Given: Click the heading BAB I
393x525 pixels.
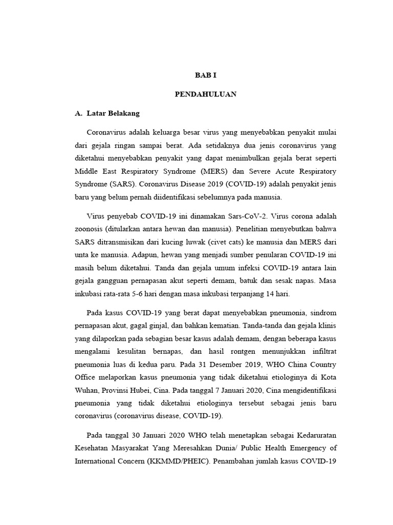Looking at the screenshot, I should pyautogui.click(x=206, y=74).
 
